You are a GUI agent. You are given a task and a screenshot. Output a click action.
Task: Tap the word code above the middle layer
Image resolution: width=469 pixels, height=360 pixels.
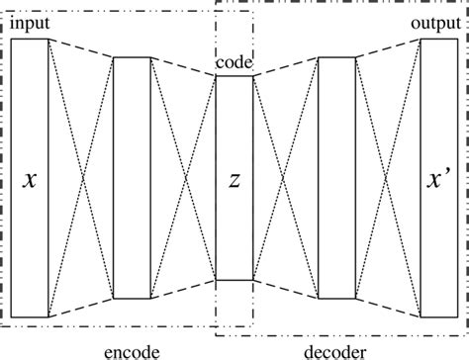[234, 62]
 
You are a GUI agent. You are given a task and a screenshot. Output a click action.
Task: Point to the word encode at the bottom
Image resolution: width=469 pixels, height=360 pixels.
[132, 349]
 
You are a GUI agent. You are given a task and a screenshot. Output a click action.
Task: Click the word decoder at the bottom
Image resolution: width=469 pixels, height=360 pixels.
[336, 349]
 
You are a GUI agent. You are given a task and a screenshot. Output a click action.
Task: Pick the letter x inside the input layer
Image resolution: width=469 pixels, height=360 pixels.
[30, 180]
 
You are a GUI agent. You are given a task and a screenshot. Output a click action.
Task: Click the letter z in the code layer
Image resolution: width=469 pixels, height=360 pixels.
[234, 180]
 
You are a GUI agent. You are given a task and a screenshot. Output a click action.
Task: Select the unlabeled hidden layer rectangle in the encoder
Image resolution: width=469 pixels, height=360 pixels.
[132, 178]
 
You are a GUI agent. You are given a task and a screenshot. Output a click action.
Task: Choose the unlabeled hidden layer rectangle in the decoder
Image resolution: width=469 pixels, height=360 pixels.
[336, 178]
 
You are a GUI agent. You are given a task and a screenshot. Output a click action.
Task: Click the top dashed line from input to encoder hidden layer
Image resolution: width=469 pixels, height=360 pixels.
[81, 48]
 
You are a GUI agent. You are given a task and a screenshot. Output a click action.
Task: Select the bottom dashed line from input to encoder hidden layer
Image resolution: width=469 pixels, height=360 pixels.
[81, 308]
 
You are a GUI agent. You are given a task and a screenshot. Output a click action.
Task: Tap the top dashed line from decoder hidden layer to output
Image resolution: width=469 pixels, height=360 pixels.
[388, 48]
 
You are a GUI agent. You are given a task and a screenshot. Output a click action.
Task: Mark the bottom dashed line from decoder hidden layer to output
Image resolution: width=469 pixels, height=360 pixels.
[388, 308]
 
